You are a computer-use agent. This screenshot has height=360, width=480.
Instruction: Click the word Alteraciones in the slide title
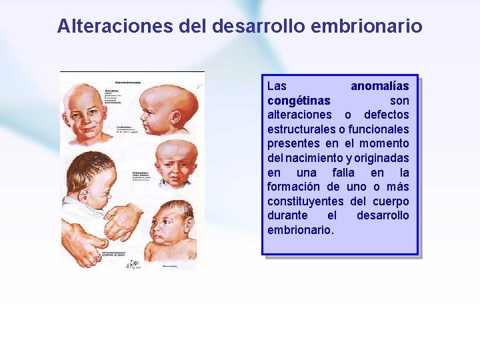coord(117,26)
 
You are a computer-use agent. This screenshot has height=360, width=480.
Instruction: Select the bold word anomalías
coord(380,86)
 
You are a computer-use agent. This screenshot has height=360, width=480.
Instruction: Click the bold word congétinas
coord(299,101)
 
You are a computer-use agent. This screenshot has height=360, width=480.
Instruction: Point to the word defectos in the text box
coord(387,115)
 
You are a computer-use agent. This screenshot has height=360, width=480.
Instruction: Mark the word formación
coord(293,187)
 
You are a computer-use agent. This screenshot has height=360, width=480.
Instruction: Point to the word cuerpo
coord(392,201)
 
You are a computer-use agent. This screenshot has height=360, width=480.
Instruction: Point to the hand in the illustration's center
coord(123,220)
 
